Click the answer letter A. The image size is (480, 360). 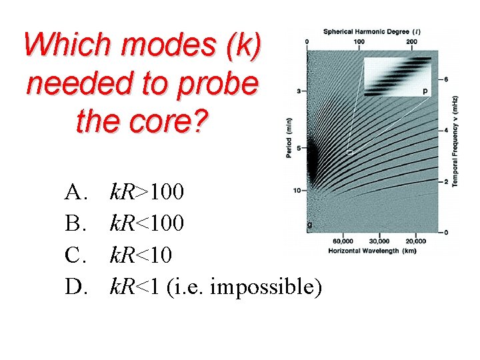point(75,193)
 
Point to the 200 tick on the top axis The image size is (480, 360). point(411,41)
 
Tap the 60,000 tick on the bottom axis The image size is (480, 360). point(343,241)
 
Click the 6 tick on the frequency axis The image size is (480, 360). point(445,79)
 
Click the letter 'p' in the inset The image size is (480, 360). point(425,90)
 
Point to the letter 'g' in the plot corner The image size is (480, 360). point(309,225)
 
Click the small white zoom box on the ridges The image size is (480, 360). point(349,153)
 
